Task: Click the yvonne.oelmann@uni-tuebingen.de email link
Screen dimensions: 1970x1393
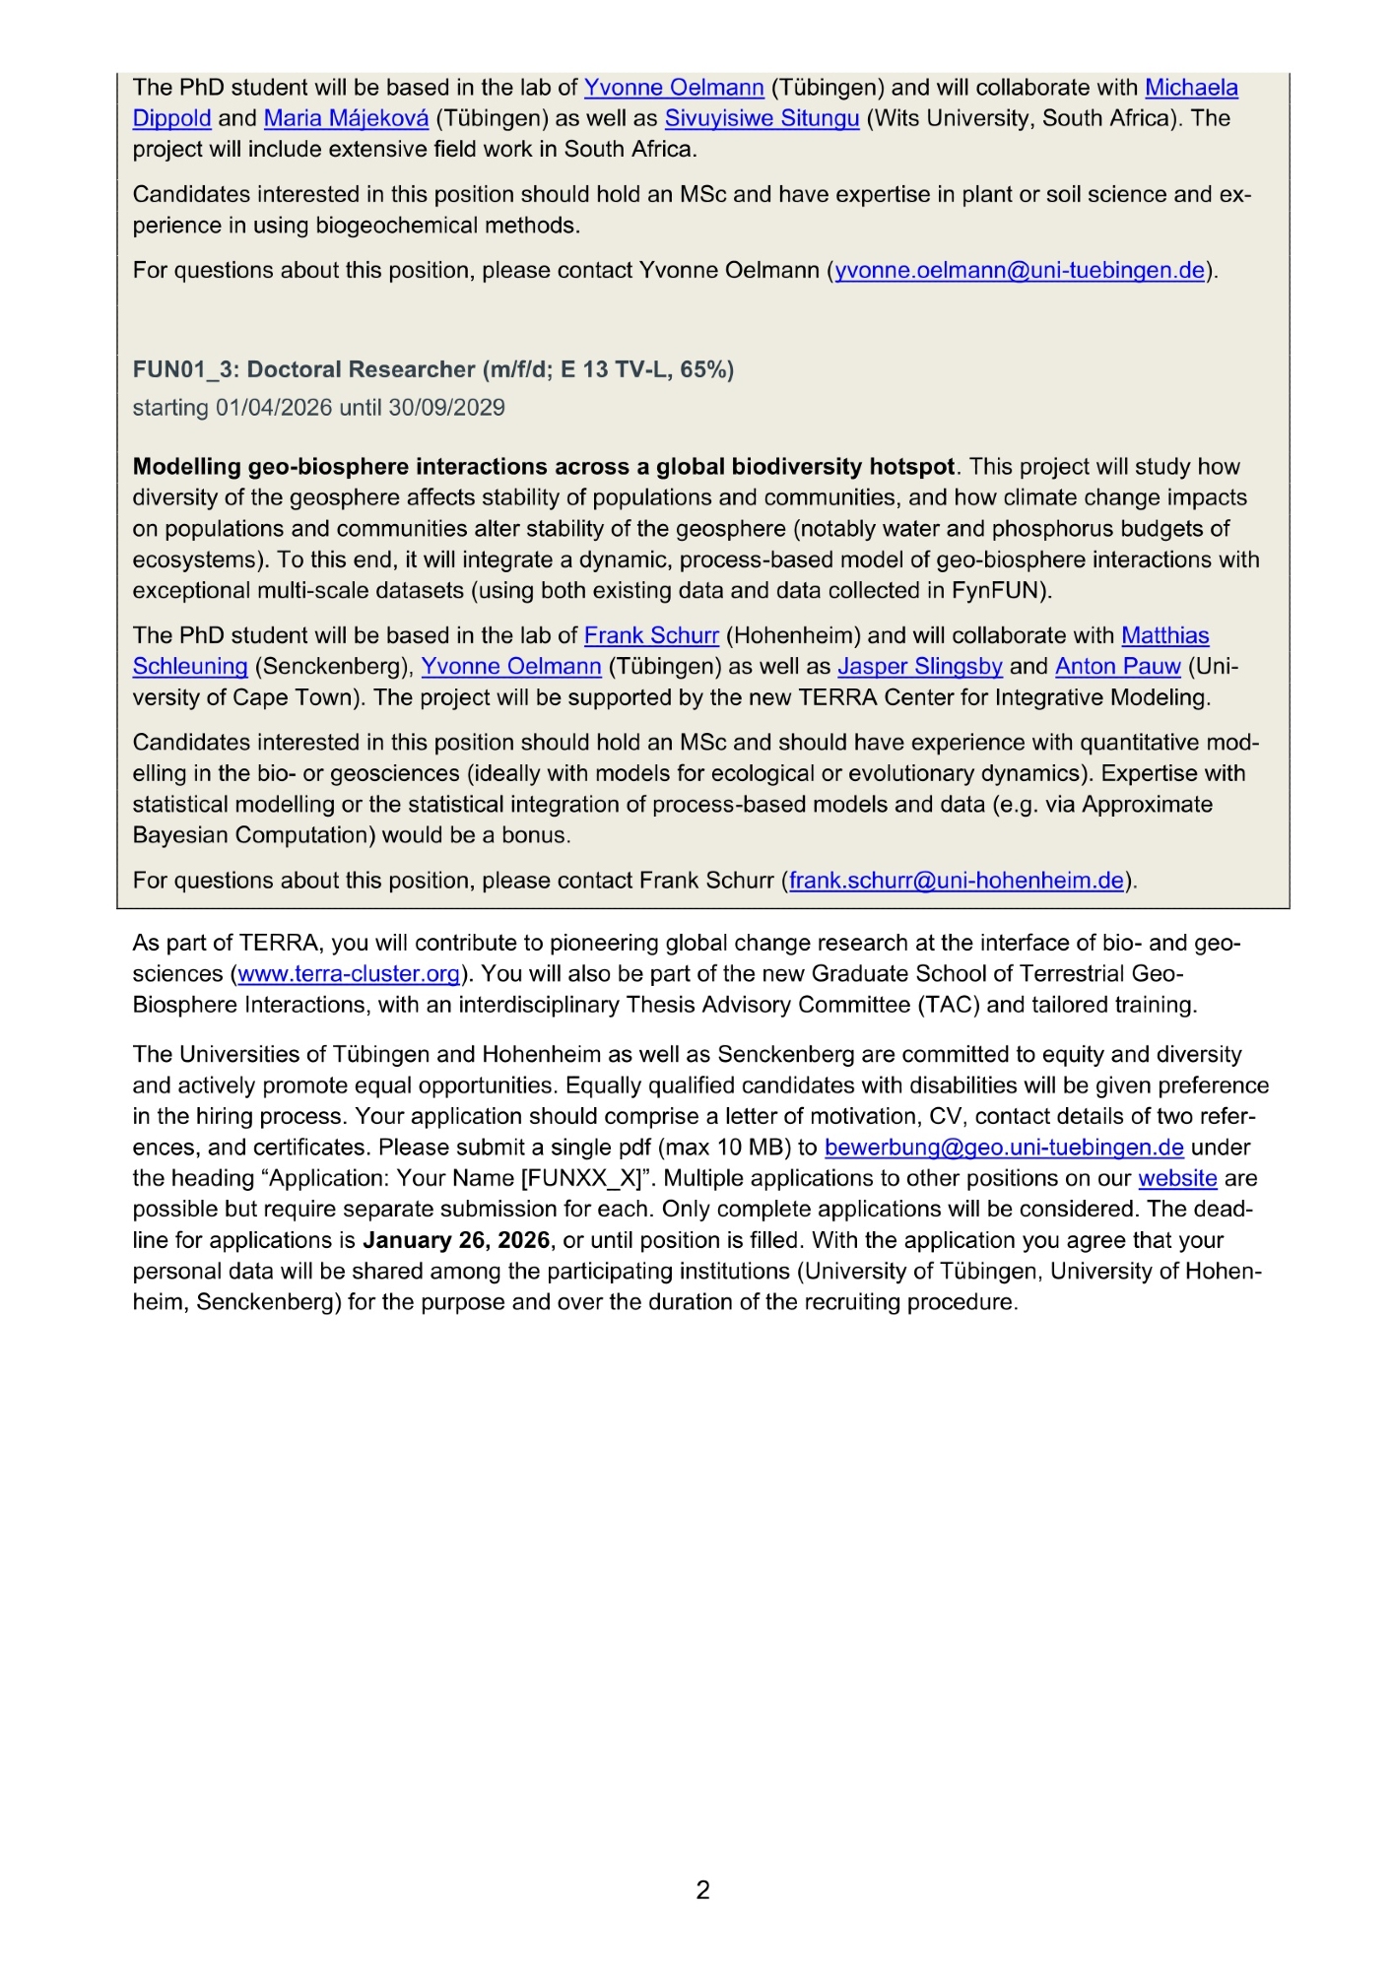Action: point(1020,270)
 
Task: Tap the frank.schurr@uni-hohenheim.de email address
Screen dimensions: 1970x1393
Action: point(957,881)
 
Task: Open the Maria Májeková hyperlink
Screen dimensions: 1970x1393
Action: point(346,118)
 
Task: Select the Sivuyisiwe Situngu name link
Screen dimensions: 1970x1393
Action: point(762,118)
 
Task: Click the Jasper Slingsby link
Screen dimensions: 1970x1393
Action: point(920,667)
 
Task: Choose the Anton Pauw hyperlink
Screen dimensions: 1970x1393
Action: point(1117,667)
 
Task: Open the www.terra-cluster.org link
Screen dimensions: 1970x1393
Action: point(349,974)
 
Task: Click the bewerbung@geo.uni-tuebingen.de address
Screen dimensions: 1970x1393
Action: point(1004,1148)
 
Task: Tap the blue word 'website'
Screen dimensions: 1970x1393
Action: point(1177,1179)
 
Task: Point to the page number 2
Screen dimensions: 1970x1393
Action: point(702,1890)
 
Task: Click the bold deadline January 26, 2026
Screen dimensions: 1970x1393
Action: point(456,1240)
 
